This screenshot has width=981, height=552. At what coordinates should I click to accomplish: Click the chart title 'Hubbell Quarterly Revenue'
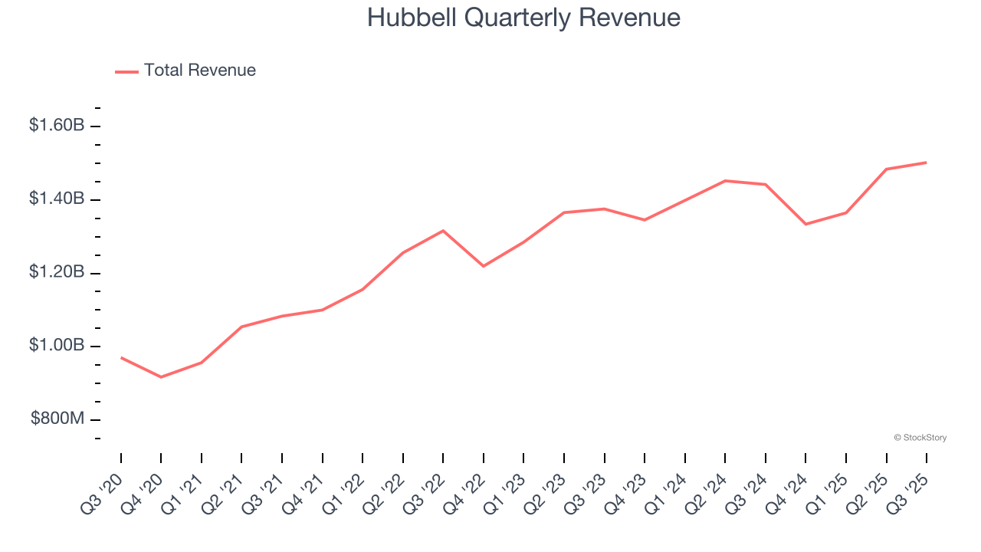click(523, 18)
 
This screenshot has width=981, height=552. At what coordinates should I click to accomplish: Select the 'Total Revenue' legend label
click(199, 71)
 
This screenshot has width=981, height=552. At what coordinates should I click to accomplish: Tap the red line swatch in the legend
click(126, 71)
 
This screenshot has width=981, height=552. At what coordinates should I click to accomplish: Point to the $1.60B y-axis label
click(57, 125)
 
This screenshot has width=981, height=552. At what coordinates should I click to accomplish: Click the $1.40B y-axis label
click(57, 199)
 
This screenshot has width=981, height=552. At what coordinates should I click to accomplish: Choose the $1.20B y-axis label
click(57, 272)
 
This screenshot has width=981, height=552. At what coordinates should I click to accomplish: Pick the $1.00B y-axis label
click(57, 345)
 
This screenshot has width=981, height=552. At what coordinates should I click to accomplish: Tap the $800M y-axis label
click(57, 419)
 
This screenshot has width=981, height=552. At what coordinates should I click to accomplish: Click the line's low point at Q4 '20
click(161, 377)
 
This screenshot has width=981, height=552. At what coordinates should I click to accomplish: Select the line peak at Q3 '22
click(443, 231)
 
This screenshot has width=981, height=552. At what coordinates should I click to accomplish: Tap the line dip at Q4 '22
click(484, 266)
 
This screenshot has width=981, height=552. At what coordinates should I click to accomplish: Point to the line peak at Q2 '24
click(725, 181)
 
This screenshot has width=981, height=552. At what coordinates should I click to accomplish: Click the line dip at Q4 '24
click(805, 224)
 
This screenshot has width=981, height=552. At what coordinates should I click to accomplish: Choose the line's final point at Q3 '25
click(927, 163)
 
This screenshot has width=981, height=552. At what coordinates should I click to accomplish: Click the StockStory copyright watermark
click(920, 438)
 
